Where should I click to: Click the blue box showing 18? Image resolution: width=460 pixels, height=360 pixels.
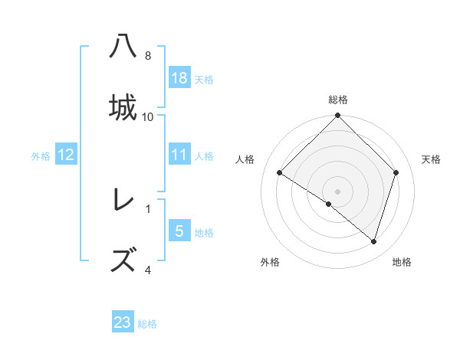click(x=179, y=78)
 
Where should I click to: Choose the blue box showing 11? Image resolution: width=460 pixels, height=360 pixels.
click(x=179, y=155)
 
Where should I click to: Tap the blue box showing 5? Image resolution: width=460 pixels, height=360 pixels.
click(x=179, y=231)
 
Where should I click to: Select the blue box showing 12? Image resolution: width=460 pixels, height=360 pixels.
click(x=66, y=155)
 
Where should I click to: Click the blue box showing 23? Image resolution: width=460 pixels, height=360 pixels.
click(x=123, y=323)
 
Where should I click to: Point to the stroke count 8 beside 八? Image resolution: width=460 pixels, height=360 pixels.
click(x=147, y=56)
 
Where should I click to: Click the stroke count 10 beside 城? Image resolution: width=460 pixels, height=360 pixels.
click(x=148, y=117)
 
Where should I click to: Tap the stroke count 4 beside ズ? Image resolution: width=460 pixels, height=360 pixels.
click(x=147, y=270)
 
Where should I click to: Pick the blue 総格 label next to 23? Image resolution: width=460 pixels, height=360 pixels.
click(x=148, y=324)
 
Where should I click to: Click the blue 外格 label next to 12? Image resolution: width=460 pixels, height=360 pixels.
click(x=41, y=156)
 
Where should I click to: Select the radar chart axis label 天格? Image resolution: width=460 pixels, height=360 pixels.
click(x=431, y=159)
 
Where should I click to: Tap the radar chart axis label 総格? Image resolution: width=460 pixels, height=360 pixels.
click(x=338, y=100)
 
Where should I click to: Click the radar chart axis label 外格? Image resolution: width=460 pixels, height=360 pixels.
click(x=270, y=263)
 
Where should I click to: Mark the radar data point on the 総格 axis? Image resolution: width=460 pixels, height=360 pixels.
click(x=338, y=116)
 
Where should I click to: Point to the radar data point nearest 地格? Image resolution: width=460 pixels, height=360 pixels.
click(x=373, y=241)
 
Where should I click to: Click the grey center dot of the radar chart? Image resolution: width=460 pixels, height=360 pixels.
click(x=338, y=191)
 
